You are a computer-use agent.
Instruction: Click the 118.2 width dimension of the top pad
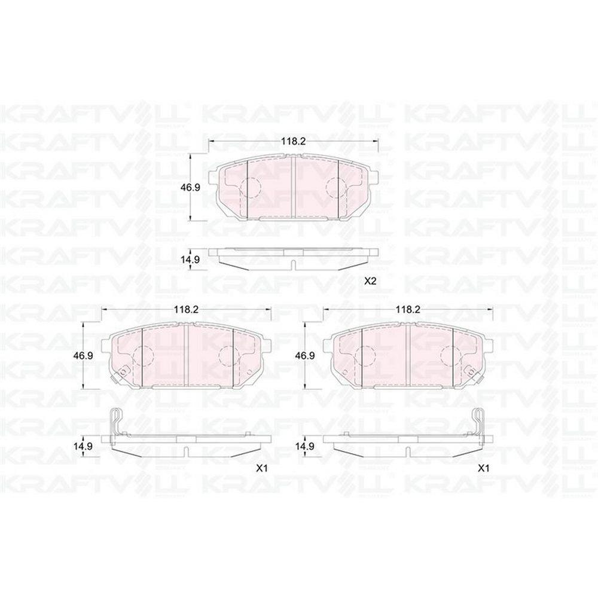click(294, 141)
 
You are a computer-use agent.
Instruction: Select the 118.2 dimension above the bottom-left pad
click(187, 309)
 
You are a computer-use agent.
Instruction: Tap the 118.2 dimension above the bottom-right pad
click(408, 309)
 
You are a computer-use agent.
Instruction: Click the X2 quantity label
click(370, 282)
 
